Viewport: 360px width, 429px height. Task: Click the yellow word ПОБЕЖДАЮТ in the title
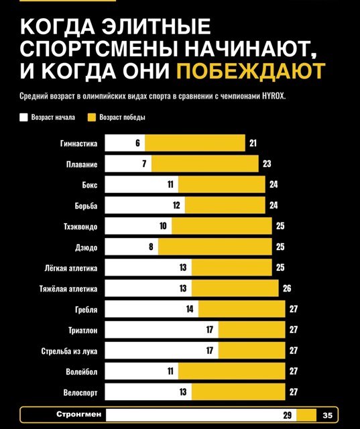tap(251, 70)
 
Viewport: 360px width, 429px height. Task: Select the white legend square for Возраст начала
tap(24, 117)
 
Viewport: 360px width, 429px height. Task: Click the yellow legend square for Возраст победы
tap(92, 117)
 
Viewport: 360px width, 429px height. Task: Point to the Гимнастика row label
tap(79, 143)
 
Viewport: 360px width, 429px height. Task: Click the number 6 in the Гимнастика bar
tap(138, 143)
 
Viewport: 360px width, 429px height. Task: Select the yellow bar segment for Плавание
tap(205, 164)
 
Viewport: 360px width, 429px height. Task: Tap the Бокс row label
tap(90, 185)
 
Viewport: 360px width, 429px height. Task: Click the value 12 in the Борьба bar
tap(176, 205)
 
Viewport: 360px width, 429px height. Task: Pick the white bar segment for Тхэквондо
tap(138, 226)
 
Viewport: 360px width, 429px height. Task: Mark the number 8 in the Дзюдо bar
tap(151, 247)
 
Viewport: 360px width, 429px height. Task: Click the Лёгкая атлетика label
tap(71, 268)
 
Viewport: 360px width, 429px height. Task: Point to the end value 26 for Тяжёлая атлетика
tap(287, 288)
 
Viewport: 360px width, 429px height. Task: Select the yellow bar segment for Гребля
tap(242, 309)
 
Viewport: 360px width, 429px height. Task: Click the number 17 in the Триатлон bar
tap(210, 330)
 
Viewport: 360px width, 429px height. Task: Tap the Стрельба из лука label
tap(69, 351)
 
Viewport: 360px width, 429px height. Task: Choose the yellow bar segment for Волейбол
tap(232, 371)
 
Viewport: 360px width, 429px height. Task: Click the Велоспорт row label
tap(80, 393)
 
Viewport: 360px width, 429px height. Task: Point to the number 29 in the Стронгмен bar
tap(287, 416)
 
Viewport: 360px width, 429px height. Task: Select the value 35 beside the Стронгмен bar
tap(327, 416)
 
